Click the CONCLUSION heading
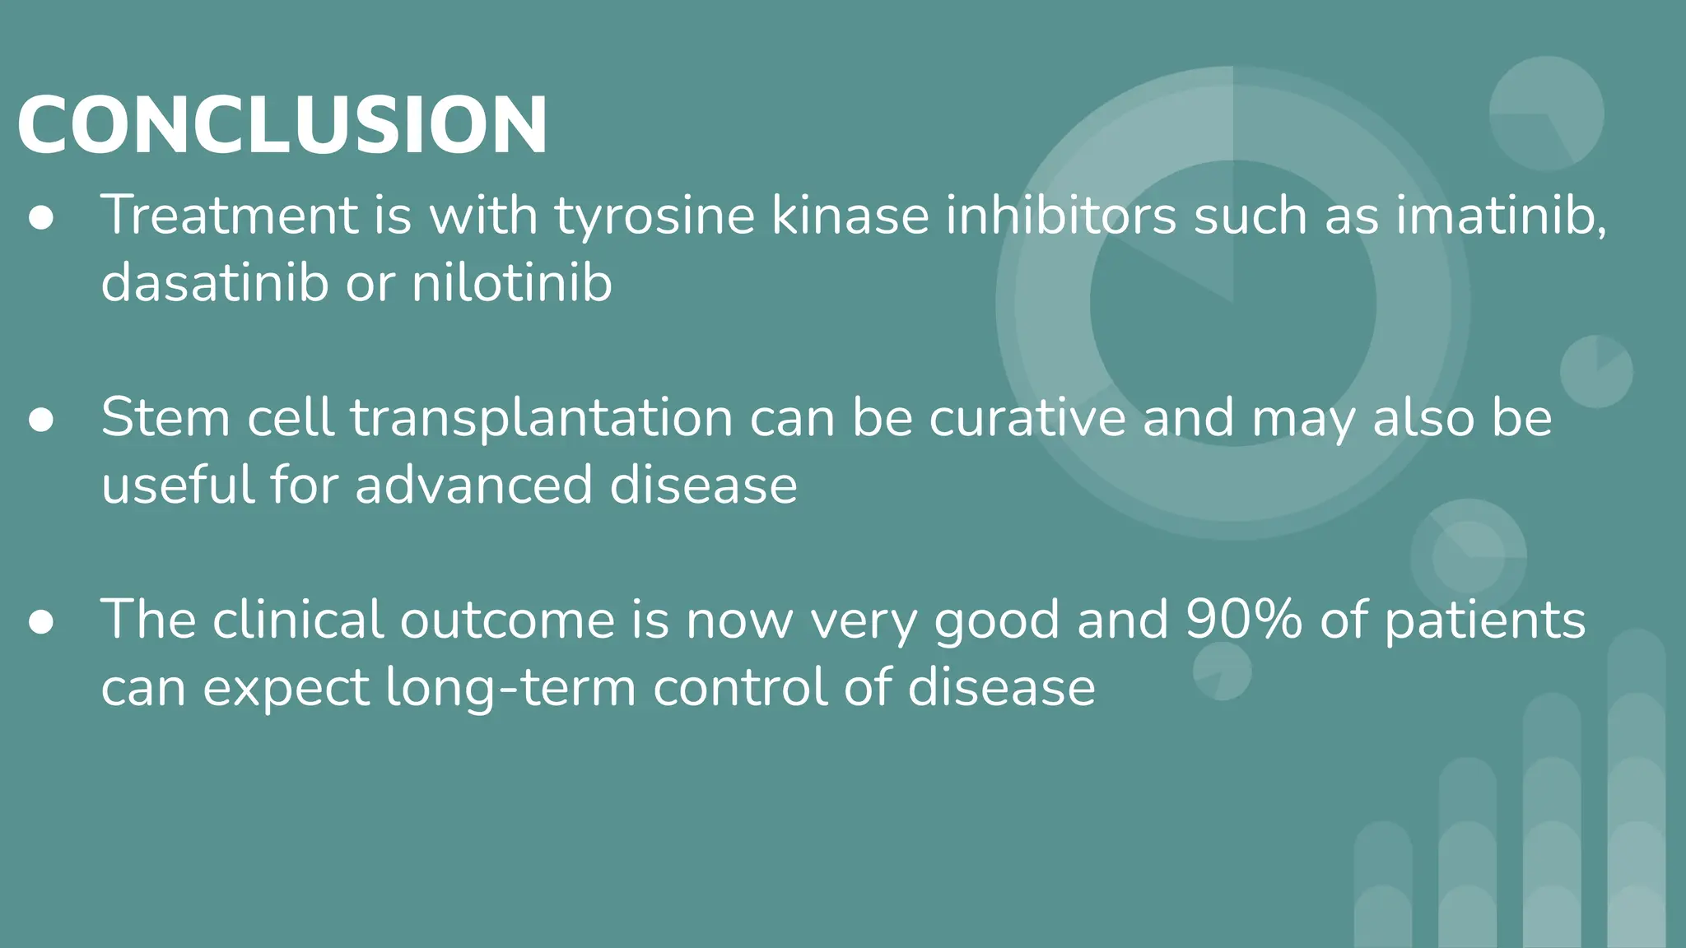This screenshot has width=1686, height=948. pyautogui.click(x=282, y=125)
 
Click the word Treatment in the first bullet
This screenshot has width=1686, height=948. pyautogui.click(x=229, y=216)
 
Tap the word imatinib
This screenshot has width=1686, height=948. pyautogui.click(x=1500, y=216)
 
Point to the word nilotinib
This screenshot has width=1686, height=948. pyautogui.click(x=511, y=283)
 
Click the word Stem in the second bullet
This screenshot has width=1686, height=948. pyautogui.click(x=165, y=417)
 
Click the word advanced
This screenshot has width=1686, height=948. pyautogui.click(x=473, y=485)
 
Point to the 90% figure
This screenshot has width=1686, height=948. pyautogui.click(x=1244, y=620)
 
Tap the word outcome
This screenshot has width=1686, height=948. pyautogui.click(x=507, y=620)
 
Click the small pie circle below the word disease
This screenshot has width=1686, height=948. pyautogui.click(x=1223, y=671)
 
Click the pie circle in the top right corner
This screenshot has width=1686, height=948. pyautogui.click(x=1546, y=114)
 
